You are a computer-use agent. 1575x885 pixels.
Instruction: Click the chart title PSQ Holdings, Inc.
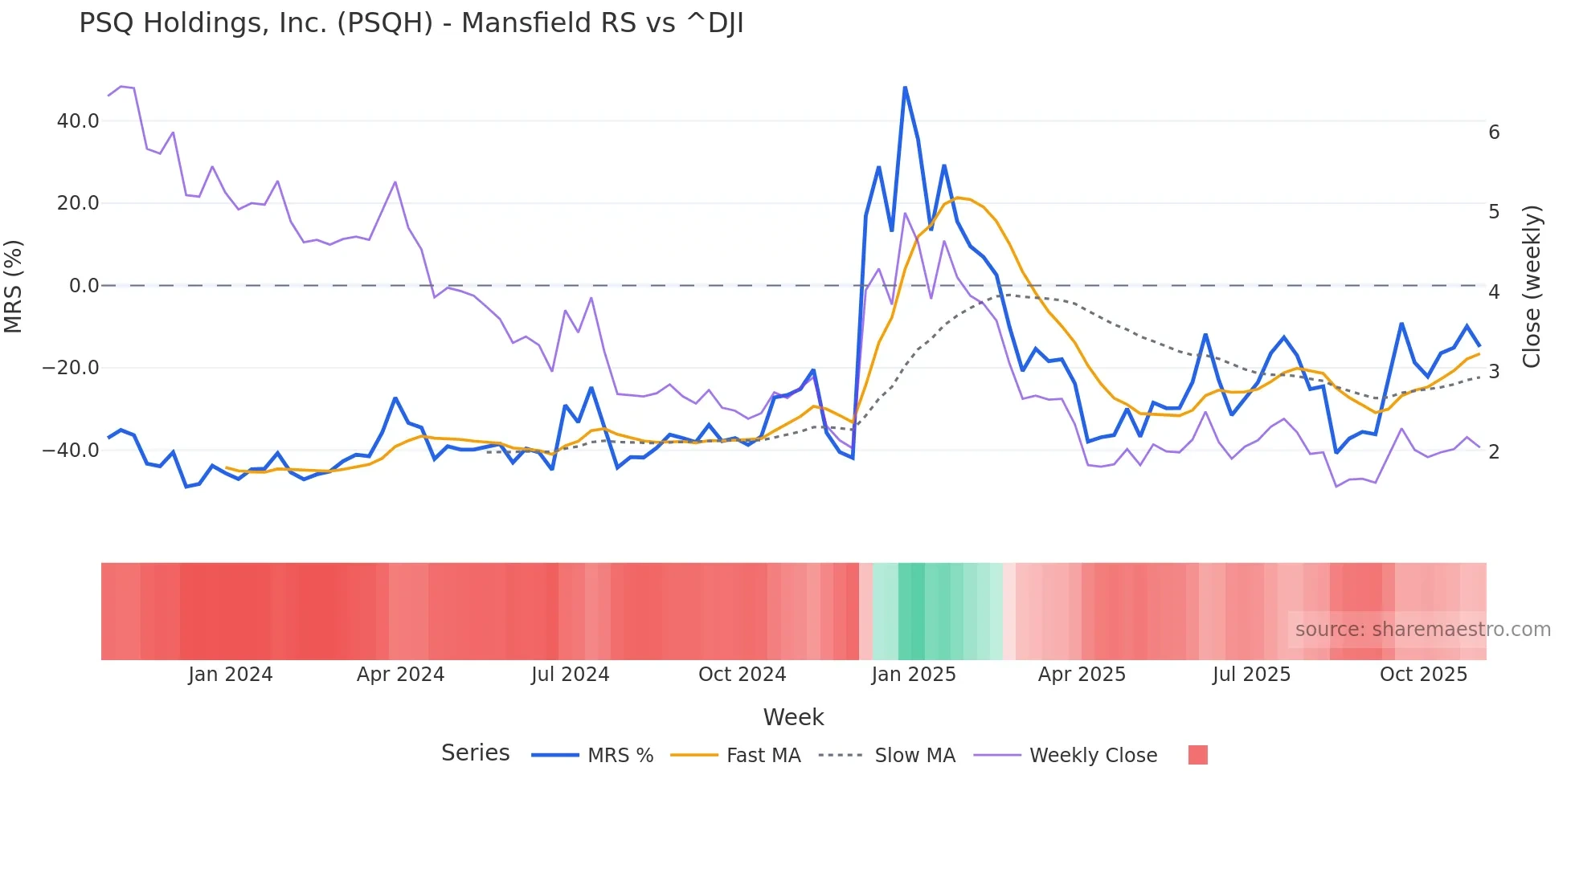(411, 23)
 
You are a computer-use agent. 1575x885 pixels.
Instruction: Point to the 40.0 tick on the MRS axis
(78, 121)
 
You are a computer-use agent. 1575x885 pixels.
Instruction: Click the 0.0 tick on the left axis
(84, 286)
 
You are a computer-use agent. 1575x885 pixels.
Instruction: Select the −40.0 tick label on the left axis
(71, 451)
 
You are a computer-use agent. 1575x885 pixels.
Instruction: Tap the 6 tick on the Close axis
(1494, 133)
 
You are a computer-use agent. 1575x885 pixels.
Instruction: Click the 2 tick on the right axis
(1494, 452)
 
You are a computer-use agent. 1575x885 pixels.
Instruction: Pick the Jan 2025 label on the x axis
(914, 675)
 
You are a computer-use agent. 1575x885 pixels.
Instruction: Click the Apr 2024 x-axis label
(400, 675)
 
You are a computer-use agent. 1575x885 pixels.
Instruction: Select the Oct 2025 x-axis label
(1423, 675)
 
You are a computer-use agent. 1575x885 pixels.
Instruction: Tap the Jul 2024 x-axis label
(570, 675)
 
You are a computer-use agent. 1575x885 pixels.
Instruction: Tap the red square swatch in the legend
(1197, 755)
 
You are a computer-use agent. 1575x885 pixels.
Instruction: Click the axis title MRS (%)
(14, 286)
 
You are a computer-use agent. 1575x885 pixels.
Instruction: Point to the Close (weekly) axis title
(1532, 286)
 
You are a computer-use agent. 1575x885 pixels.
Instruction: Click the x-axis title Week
(793, 717)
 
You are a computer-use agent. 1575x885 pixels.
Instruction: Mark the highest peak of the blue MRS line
(905, 88)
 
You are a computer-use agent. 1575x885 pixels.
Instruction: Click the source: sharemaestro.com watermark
(1422, 630)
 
